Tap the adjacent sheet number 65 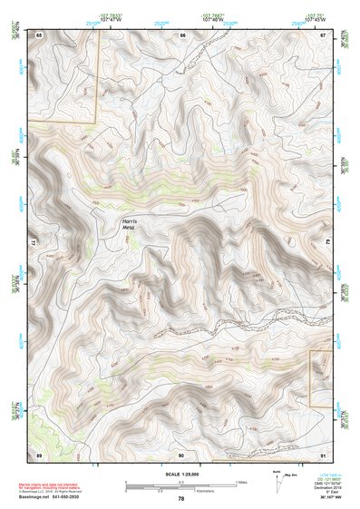tap(39, 34)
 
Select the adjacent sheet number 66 tap(182, 34)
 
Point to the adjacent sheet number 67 tap(324, 34)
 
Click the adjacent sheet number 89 tap(39, 453)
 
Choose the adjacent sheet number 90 tap(181, 453)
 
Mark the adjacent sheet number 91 tap(324, 453)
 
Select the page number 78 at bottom tap(180, 498)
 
